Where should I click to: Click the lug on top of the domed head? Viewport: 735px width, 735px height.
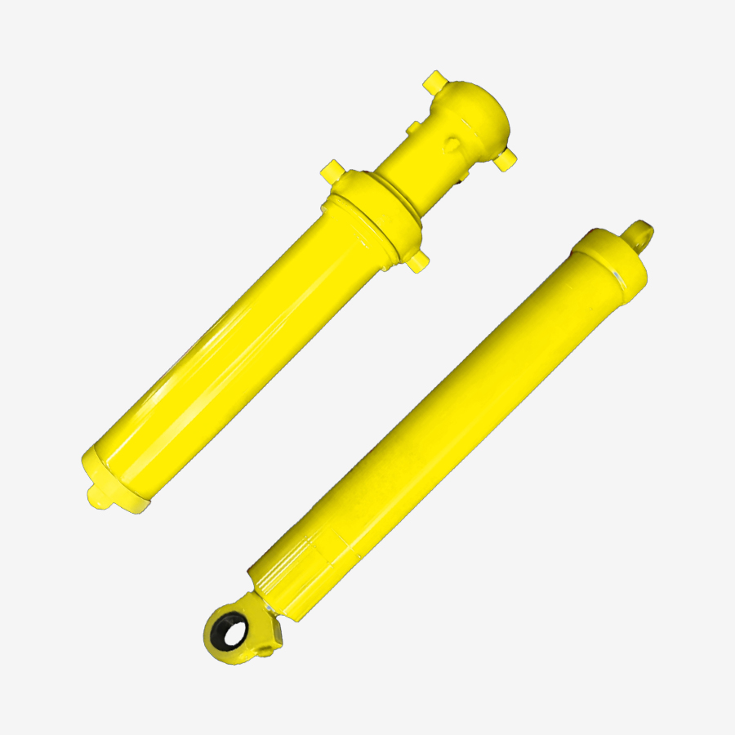tap(434, 82)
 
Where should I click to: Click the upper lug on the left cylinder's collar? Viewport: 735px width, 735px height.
tap(331, 171)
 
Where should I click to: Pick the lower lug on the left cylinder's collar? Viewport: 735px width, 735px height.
tap(419, 261)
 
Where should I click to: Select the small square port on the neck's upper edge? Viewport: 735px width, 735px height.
tap(414, 128)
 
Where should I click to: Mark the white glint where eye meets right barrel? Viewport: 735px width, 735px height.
tap(264, 608)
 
